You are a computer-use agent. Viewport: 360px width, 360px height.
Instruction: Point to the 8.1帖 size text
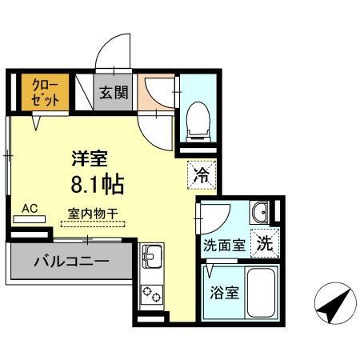[96, 185]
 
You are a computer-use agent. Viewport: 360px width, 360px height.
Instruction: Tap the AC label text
[30, 209]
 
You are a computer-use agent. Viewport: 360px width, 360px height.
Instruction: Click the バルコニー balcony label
[70, 261]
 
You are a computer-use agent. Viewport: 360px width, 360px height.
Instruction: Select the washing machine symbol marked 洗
[264, 244]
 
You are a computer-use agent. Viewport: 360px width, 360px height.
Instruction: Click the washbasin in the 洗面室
[261, 213]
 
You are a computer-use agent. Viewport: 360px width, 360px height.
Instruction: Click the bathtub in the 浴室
[262, 293]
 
